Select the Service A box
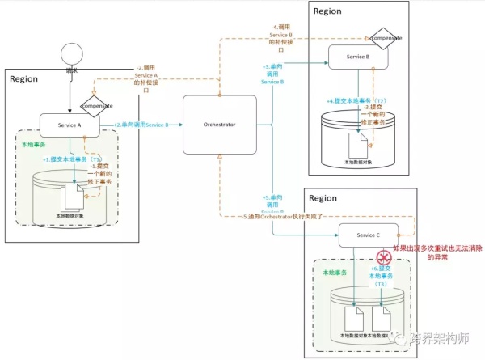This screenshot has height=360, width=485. click(x=70, y=125)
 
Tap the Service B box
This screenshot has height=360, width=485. click(x=358, y=57)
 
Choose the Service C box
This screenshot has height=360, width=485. click(x=367, y=235)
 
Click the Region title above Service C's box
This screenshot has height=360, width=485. click(x=323, y=198)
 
